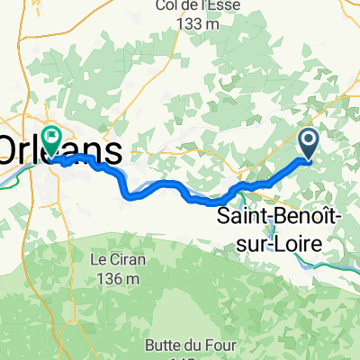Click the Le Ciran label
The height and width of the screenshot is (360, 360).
pyautogui.click(x=114, y=261)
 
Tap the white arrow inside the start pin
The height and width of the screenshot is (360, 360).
pyautogui.click(x=308, y=139)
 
